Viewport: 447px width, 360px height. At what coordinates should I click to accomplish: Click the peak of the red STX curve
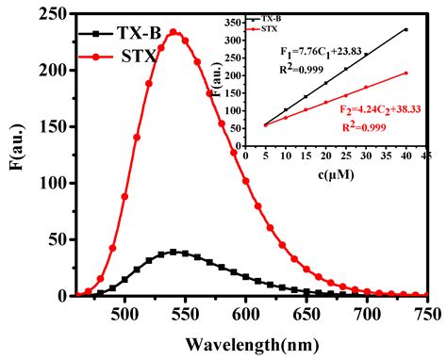click(173, 31)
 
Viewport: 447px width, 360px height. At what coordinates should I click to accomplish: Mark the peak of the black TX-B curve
click(173, 252)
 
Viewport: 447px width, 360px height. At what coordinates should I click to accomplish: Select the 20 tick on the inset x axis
click(326, 155)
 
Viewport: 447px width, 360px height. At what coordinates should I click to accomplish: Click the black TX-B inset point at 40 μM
click(406, 29)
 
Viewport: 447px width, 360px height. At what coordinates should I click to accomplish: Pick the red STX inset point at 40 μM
click(406, 74)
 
